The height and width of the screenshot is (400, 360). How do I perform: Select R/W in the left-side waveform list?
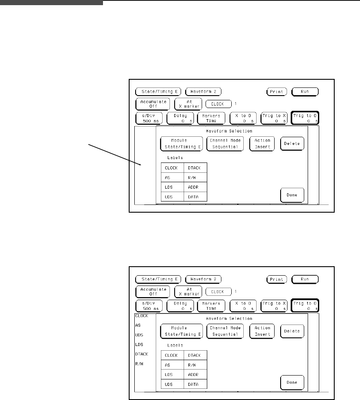coord(139,363)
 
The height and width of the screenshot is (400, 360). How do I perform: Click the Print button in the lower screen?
coord(277,279)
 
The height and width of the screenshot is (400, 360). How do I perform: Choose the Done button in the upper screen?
coord(292,195)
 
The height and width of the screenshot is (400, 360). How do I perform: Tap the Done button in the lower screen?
coord(292,382)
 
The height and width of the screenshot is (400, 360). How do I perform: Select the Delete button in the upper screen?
coord(292,144)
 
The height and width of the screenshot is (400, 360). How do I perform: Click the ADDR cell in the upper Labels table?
coord(195,187)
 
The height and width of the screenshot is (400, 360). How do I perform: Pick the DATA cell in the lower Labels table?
coord(195,385)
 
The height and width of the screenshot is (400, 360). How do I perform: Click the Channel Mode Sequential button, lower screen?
coord(225,331)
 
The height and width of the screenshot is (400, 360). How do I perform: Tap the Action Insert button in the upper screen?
coord(262,144)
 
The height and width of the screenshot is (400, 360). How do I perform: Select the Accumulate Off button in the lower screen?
coord(153,292)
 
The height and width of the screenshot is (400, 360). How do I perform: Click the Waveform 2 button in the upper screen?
coord(203,91)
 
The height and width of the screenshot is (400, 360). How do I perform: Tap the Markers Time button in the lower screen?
coord(211,305)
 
